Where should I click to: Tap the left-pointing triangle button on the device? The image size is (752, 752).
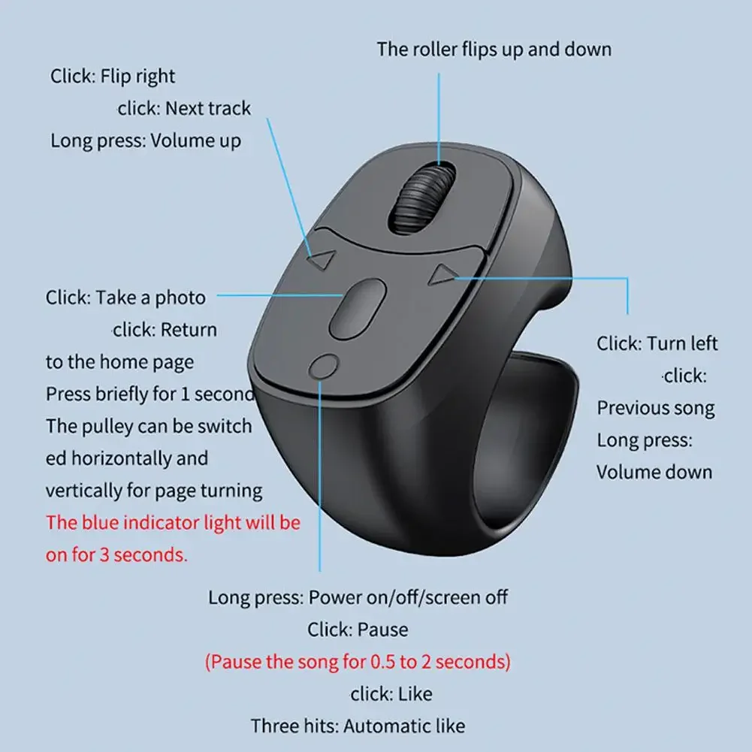(x=322, y=261)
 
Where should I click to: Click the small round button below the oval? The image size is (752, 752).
(x=323, y=367)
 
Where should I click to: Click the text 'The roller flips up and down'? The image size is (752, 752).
(x=494, y=50)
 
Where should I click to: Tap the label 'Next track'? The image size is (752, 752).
(x=208, y=108)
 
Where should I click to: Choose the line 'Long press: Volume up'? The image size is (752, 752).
(x=146, y=140)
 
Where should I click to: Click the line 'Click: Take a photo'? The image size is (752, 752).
(x=125, y=297)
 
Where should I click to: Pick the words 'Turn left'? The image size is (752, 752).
(x=682, y=343)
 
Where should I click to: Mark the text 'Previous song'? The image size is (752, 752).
(x=655, y=409)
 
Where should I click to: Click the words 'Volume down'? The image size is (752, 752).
(x=654, y=473)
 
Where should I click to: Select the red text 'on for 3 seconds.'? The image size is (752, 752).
(x=116, y=555)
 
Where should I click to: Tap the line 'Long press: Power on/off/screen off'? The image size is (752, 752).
(x=358, y=597)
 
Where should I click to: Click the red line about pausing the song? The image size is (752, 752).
(x=358, y=662)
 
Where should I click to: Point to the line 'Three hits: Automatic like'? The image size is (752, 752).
(x=358, y=726)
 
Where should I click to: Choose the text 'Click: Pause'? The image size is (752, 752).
(x=358, y=630)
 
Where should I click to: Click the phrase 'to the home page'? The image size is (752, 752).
(x=119, y=362)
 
